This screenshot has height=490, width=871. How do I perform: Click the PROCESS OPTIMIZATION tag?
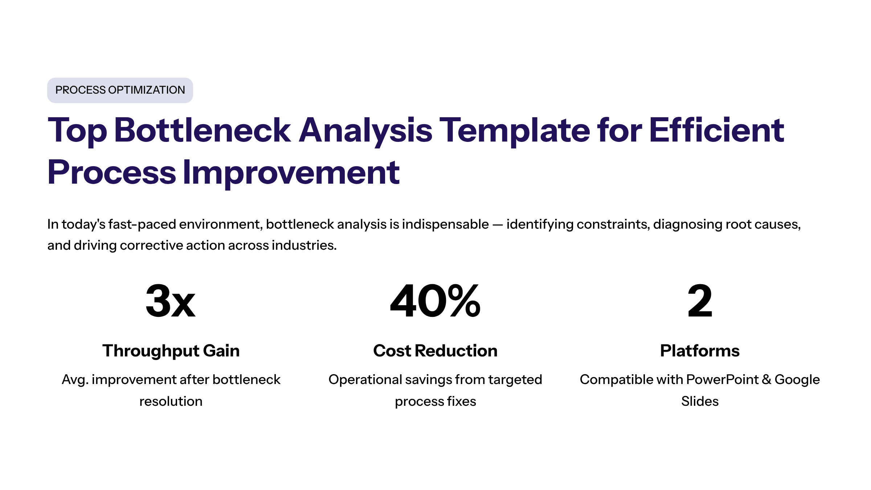[x=120, y=90]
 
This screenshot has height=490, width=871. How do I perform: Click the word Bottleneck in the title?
[x=203, y=130]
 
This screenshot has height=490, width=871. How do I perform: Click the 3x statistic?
[x=171, y=301]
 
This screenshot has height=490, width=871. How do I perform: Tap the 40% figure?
[x=435, y=301]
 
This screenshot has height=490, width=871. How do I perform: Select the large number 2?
[x=700, y=301]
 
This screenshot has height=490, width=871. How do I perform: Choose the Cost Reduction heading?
[x=435, y=351]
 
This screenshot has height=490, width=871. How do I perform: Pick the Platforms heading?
[x=700, y=351]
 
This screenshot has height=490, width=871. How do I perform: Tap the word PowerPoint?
[x=722, y=380]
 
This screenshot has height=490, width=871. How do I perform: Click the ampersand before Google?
[x=766, y=380]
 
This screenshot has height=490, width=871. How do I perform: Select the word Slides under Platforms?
[x=700, y=401]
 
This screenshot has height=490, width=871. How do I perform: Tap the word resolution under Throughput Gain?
[x=171, y=401]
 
